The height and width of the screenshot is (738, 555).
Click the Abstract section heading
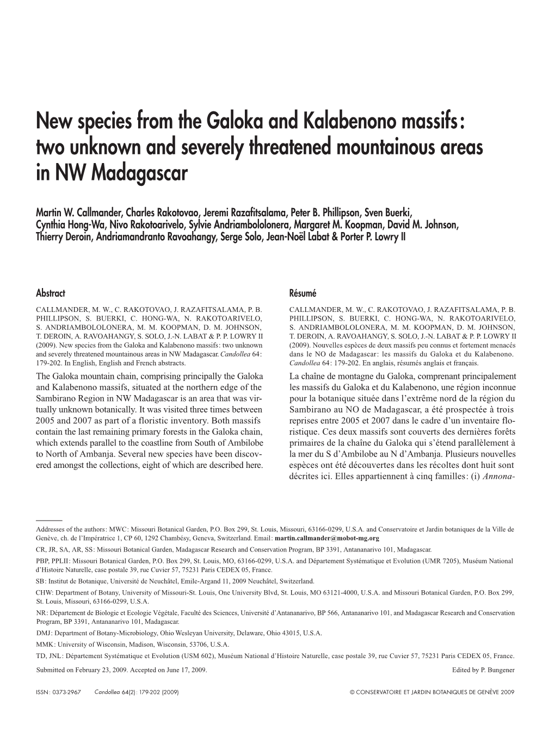coord(50,293)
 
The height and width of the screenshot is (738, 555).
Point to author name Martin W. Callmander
coord(75,210)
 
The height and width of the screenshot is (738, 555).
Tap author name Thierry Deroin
coord(63,238)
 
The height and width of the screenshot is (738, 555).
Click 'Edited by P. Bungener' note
coord(483,670)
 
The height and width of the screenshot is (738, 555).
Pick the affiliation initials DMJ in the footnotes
coord(43,633)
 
